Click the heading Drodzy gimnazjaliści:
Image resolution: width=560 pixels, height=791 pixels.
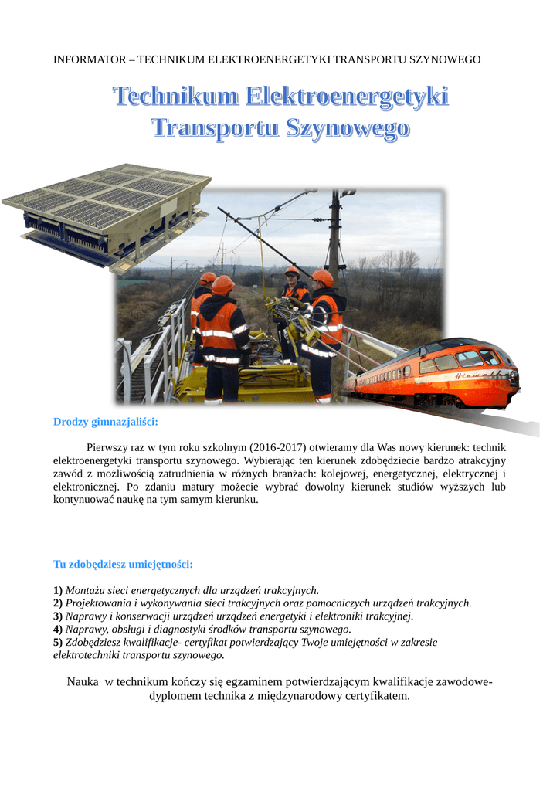coord(105,422)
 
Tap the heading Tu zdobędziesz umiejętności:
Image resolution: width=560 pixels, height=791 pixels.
coord(122,564)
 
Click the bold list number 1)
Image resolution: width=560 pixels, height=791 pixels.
coord(58,590)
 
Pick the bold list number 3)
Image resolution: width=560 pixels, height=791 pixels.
coord(58,616)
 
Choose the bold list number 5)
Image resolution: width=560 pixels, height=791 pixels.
coord(58,642)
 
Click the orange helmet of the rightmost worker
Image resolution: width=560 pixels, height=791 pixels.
coord(324,277)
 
